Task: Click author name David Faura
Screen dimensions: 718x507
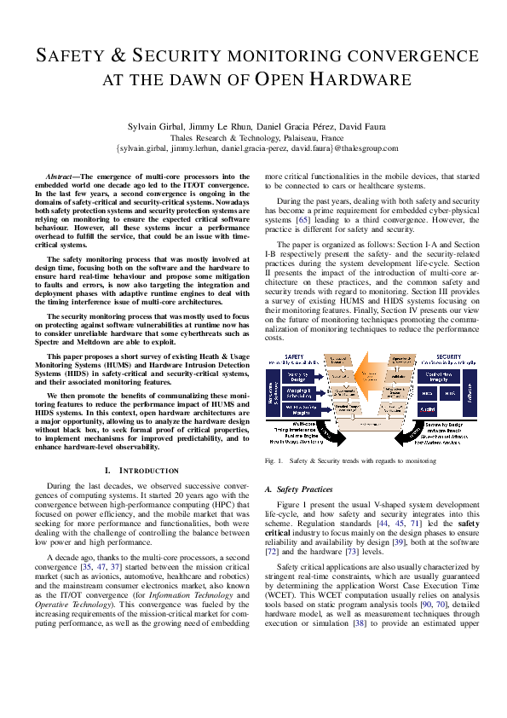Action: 349,125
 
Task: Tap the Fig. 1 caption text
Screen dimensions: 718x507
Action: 350,460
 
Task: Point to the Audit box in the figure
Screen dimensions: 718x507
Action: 429,410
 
